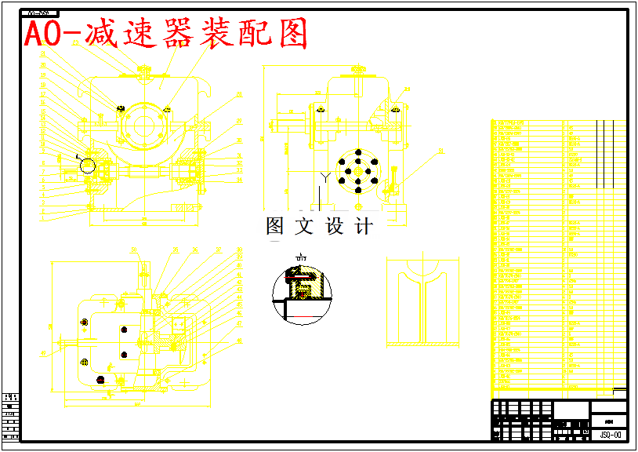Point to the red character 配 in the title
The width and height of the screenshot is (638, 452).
pyautogui.click(x=252, y=35)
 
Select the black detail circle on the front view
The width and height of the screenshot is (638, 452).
pyautogui.click(x=87, y=165)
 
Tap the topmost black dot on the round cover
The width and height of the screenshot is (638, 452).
pyautogui.click(x=357, y=152)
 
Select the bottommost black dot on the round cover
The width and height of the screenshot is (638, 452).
pyautogui.click(x=357, y=188)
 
